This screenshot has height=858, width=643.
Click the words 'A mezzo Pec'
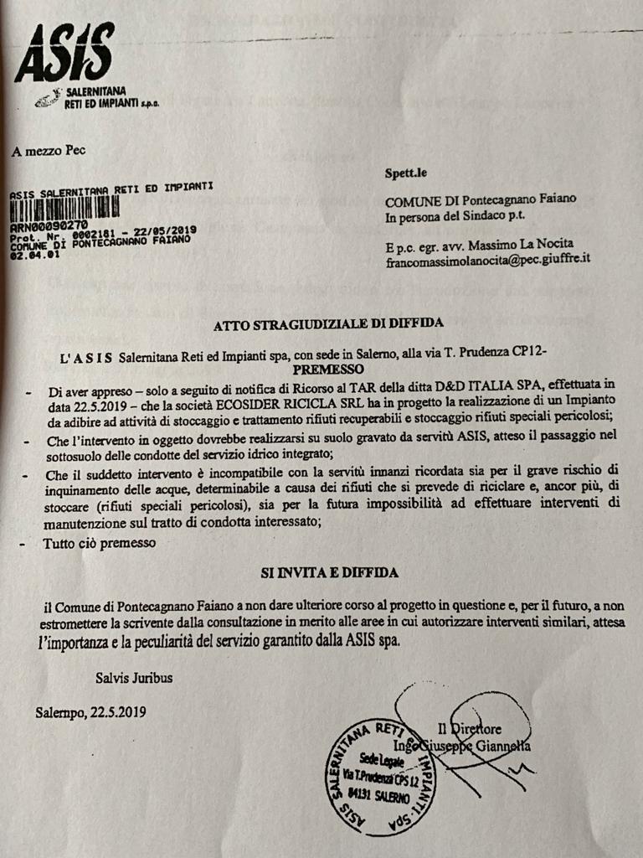point(49,152)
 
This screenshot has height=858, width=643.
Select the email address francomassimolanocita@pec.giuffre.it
point(488,260)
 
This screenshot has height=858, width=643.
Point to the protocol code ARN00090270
point(48,226)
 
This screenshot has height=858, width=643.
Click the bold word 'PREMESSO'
point(329,369)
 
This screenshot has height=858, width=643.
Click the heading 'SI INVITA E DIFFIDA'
point(328,572)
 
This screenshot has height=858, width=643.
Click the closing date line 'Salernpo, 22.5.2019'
point(90,713)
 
